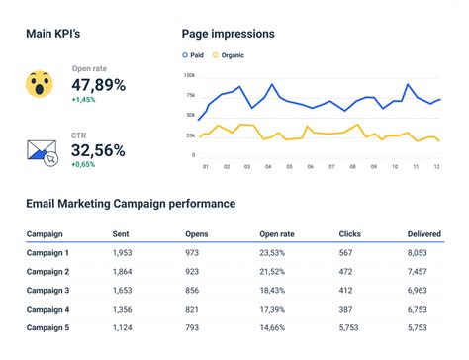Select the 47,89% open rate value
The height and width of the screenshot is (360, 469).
pyautogui.click(x=99, y=85)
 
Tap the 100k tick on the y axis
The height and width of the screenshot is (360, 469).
pyautogui.click(x=189, y=75)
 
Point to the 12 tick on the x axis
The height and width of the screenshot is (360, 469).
pyautogui.click(x=435, y=166)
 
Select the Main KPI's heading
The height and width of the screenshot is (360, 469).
pyautogui.click(x=52, y=34)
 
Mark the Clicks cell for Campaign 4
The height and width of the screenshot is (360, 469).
pyautogui.click(x=345, y=309)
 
